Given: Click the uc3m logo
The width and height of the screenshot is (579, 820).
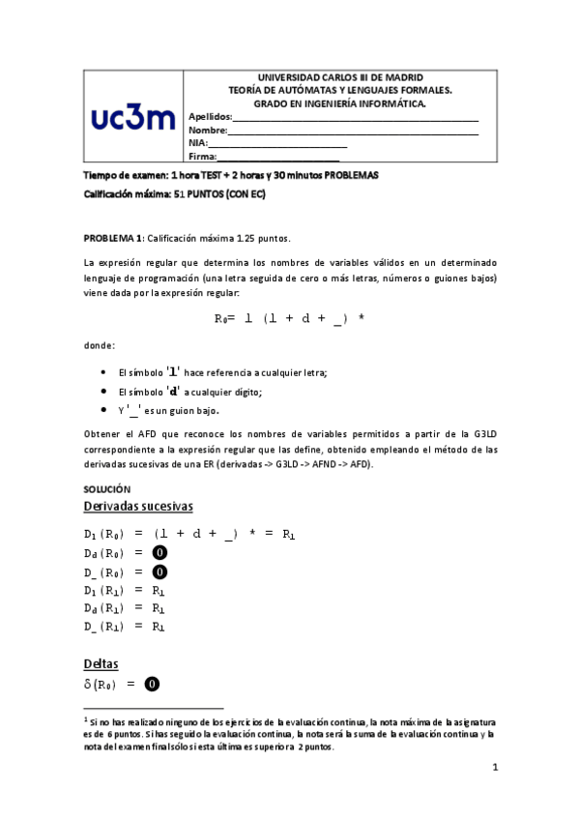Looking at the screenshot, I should [x=133, y=118].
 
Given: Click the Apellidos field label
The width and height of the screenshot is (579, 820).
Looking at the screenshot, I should [x=210, y=117].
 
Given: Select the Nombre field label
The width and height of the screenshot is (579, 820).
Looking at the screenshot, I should [x=208, y=130].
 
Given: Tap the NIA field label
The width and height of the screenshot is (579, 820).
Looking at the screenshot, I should [x=198, y=142].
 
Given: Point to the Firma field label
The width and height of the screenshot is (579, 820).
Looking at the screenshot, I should [x=202, y=156].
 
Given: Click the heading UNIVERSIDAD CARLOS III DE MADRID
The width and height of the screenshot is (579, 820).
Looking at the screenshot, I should [x=338, y=77].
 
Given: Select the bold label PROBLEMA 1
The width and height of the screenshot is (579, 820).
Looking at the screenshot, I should [x=113, y=238].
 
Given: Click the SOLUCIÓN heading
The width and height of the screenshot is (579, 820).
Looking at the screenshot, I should [x=105, y=489].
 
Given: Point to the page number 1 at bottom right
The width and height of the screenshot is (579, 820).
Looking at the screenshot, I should [x=494, y=768].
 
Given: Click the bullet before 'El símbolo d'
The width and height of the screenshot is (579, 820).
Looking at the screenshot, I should [x=103, y=392].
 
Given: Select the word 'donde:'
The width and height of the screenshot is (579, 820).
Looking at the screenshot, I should [x=100, y=345].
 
